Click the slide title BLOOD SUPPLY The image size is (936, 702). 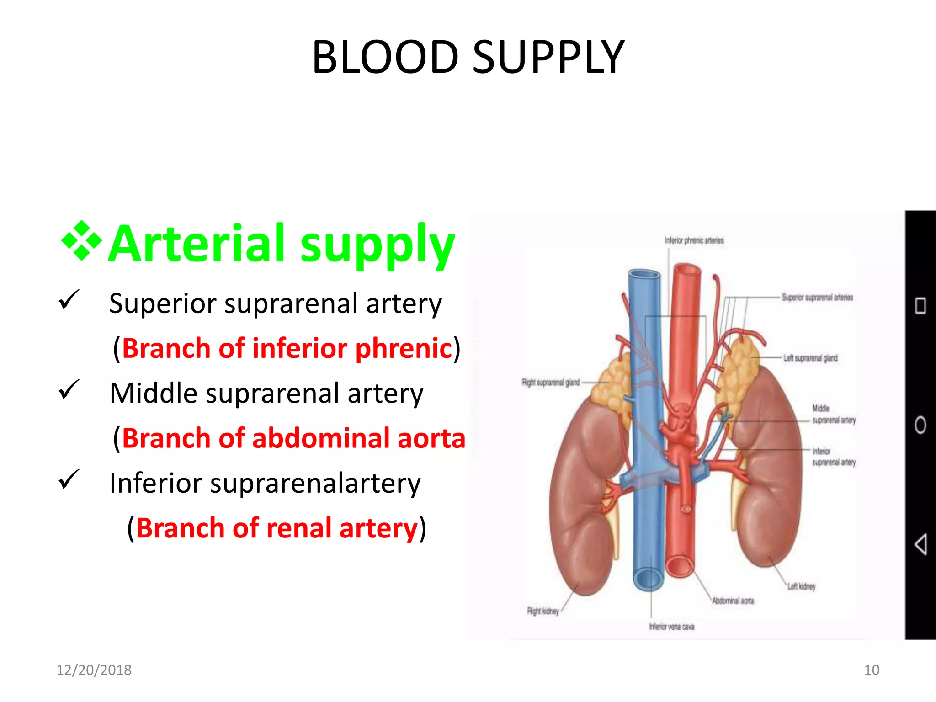pos(468,57)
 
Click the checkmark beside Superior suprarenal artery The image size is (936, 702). pos(69,300)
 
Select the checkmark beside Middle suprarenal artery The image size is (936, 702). pos(69,390)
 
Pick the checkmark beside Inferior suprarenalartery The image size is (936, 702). pos(69,480)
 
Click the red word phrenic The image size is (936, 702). pos(404,348)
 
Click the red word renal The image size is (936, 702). pos(298,528)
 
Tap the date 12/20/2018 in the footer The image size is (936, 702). pos(94,670)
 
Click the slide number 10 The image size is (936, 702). pos(872,670)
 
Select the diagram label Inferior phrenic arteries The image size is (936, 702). pos(694,240)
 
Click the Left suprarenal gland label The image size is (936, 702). pos(810,358)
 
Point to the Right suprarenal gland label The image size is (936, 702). pos(551,382)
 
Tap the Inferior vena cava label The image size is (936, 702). pos(671,627)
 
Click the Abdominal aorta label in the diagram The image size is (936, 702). pos(733,601)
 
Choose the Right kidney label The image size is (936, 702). pos(543,611)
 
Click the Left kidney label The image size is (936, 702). pos(801,586)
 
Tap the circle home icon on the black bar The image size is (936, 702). pos(920,425)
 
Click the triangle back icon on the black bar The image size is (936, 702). pos(920,544)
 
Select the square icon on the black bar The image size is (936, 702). pos(920,306)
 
